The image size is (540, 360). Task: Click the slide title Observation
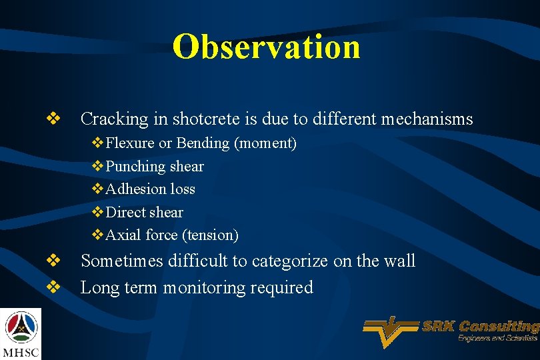click(266, 47)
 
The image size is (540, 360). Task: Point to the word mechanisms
click(427, 119)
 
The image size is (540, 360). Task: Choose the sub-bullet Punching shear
click(154, 166)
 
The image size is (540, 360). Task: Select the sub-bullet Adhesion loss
click(150, 189)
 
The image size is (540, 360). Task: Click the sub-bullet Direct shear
click(144, 213)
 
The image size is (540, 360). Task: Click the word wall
click(399, 261)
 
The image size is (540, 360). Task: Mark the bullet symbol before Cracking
click(53, 119)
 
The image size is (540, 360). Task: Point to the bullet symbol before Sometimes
click(53, 261)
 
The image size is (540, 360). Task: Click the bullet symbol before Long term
click(53, 287)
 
